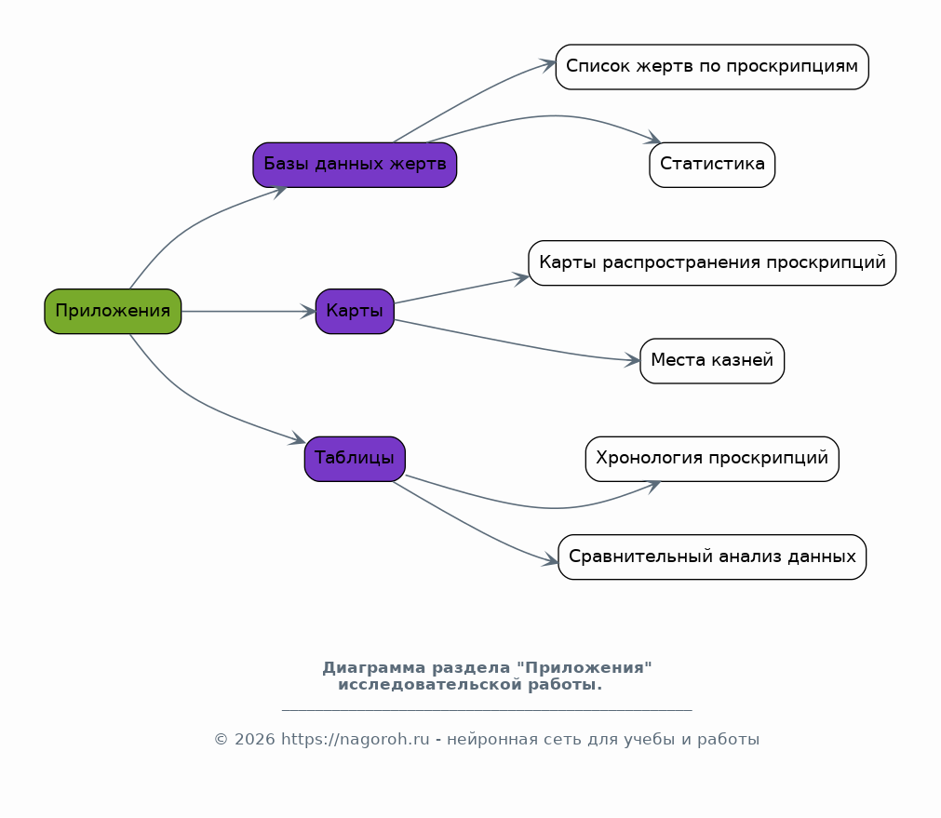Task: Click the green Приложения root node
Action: point(113,311)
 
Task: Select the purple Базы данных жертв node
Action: point(355,165)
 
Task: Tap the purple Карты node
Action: point(355,311)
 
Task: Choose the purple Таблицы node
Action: point(355,459)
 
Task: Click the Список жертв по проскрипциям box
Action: point(712,67)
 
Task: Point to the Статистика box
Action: point(712,165)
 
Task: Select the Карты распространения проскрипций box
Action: point(712,262)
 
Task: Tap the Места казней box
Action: point(712,361)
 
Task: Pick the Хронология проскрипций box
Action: point(712,459)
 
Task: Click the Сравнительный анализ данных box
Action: point(712,557)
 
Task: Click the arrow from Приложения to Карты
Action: point(249,312)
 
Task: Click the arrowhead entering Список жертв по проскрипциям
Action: point(547,63)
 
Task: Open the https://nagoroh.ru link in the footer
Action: point(356,740)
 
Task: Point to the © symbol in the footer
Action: point(221,740)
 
